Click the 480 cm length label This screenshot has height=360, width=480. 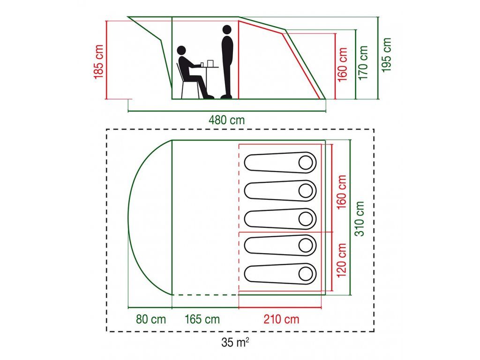[x=226, y=120]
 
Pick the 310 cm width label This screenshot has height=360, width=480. [x=360, y=219]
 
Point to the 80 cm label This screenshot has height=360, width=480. [x=150, y=320]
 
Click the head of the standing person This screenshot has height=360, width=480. [x=227, y=30]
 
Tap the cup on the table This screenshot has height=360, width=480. [x=202, y=64]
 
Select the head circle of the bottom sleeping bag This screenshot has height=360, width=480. [x=307, y=273]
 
